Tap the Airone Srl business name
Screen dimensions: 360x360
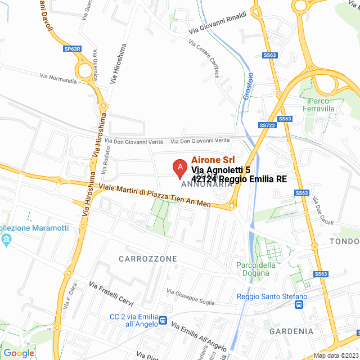coord(213,160)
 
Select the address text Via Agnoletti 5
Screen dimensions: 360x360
coord(220,170)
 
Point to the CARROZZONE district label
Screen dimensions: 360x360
coord(148,259)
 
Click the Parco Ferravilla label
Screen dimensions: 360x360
coord(319,104)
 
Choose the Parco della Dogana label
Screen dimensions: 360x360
coord(256,269)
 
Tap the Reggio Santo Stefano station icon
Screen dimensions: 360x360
coord(299,305)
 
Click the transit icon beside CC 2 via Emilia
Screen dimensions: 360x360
coord(163,320)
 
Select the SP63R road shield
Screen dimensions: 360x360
coord(73,49)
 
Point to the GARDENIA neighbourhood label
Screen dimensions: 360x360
coord(291,331)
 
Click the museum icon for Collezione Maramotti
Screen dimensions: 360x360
coord(7,240)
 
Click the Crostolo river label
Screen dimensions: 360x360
coord(247,87)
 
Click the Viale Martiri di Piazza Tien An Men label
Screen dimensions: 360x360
coord(155,195)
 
